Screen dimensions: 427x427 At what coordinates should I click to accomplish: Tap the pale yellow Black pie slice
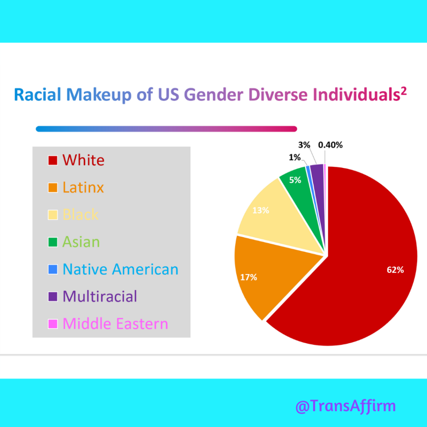point(275,213)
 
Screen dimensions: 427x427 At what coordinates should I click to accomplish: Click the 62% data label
point(395,270)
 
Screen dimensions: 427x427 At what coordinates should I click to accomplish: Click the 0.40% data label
point(330,145)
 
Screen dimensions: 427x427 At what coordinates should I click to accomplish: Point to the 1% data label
point(294,157)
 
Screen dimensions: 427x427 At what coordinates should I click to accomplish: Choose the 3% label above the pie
point(304,145)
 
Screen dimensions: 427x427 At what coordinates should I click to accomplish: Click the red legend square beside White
point(53,161)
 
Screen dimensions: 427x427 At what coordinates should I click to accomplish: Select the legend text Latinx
point(83,187)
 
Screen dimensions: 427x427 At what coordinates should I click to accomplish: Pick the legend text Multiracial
point(100,296)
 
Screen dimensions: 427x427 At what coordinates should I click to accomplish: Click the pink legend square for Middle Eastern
point(53,324)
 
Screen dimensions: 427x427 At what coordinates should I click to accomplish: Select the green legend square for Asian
point(53,242)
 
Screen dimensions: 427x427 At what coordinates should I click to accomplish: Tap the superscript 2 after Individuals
point(403,91)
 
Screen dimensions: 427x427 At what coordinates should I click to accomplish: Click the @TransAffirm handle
point(345,406)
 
